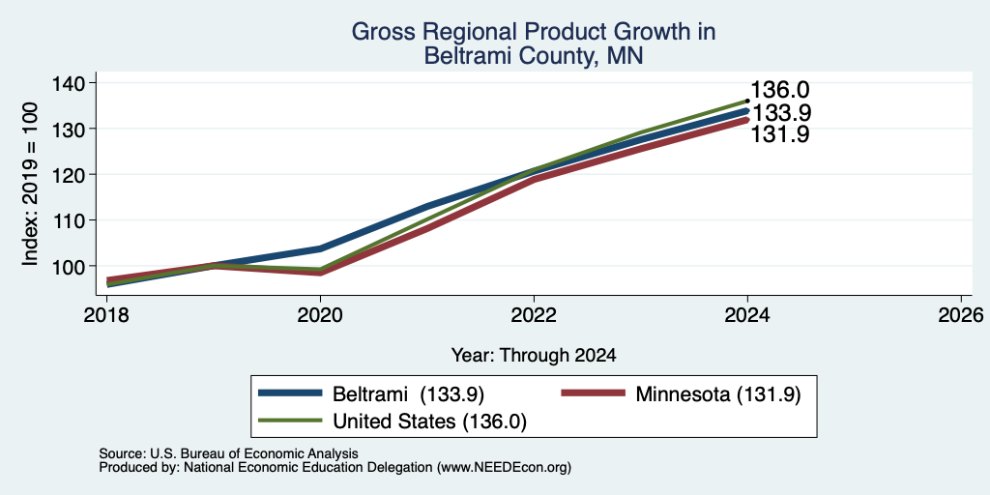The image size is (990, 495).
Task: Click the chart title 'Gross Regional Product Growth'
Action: [x=534, y=32]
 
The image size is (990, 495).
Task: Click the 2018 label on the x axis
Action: [x=107, y=314]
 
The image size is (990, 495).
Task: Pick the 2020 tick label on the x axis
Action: [x=321, y=314]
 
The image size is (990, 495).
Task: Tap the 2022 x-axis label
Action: [x=534, y=314]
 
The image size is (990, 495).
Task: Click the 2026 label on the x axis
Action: [x=961, y=314]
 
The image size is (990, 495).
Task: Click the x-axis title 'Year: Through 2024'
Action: [x=534, y=356]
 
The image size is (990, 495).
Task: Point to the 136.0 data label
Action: [x=780, y=90]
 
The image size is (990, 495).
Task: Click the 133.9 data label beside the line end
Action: [x=781, y=113]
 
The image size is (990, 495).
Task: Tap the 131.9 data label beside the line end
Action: [x=780, y=134]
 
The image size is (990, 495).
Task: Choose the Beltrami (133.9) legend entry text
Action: [x=408, y=394]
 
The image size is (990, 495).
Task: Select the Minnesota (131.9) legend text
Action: [x=718, y=394]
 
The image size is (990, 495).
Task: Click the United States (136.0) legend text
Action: [x=429, y=422]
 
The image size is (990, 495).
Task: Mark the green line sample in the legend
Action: [x=290, y=421]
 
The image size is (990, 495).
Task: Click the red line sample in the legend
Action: [x=594, y=393]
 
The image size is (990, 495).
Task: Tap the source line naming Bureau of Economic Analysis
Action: [x=228, y=453]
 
